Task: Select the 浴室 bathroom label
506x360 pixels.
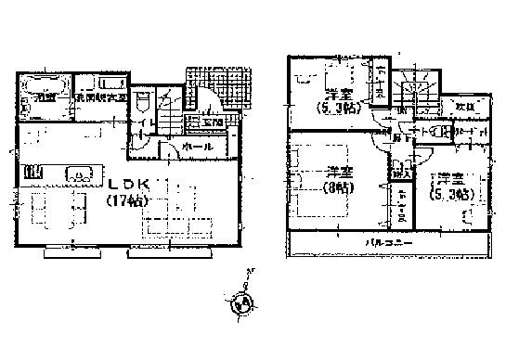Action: coord(43,96)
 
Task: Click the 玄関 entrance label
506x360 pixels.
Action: coord(211,122)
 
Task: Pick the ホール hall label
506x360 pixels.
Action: coord(199,147)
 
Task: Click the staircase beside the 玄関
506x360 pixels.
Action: coord(172,116)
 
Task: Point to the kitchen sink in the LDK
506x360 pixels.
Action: coord(78,174)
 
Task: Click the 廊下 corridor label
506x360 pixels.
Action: coord(397,139)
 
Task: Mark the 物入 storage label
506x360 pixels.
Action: coord(401,173)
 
